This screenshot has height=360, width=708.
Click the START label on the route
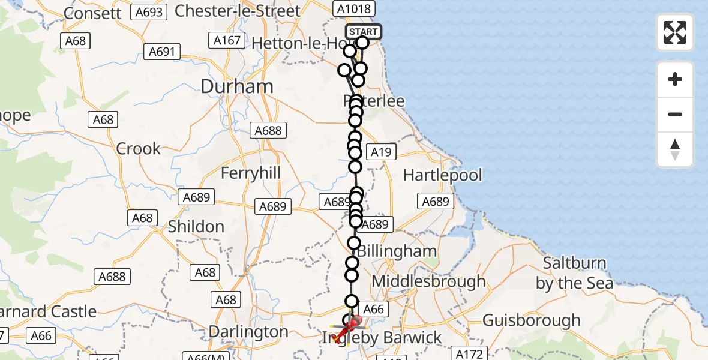click(363, 31)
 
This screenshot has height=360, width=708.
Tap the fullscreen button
click(675, 32)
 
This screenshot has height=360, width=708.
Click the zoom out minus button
click(675, 114)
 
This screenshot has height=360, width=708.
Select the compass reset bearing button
click(675, 149)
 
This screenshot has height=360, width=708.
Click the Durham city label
click(237, 86)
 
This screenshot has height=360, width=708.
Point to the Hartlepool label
click(443, 175)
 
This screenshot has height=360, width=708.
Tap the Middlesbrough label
click(428, 281)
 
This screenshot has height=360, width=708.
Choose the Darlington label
click(248, 332)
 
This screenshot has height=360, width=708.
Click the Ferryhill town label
click(251, 173)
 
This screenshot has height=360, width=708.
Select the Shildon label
click(196, 226)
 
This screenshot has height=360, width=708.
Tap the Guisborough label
click(532, 320)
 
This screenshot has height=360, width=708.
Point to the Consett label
click(92, 13)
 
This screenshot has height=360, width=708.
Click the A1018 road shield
click(354, 8)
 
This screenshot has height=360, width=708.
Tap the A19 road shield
click(381, 152)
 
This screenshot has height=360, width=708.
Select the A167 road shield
click(227, 41)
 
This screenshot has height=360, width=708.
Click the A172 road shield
click(470, 354)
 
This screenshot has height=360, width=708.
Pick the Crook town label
click(139, 148)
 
